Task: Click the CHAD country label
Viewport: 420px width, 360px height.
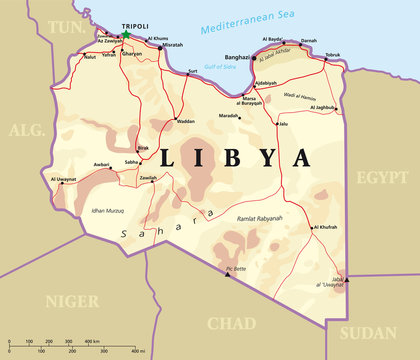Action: tap(231, 322)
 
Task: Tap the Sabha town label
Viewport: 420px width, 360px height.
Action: tap(132, 161)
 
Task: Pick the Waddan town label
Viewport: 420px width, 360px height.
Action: tap(185, 121)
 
